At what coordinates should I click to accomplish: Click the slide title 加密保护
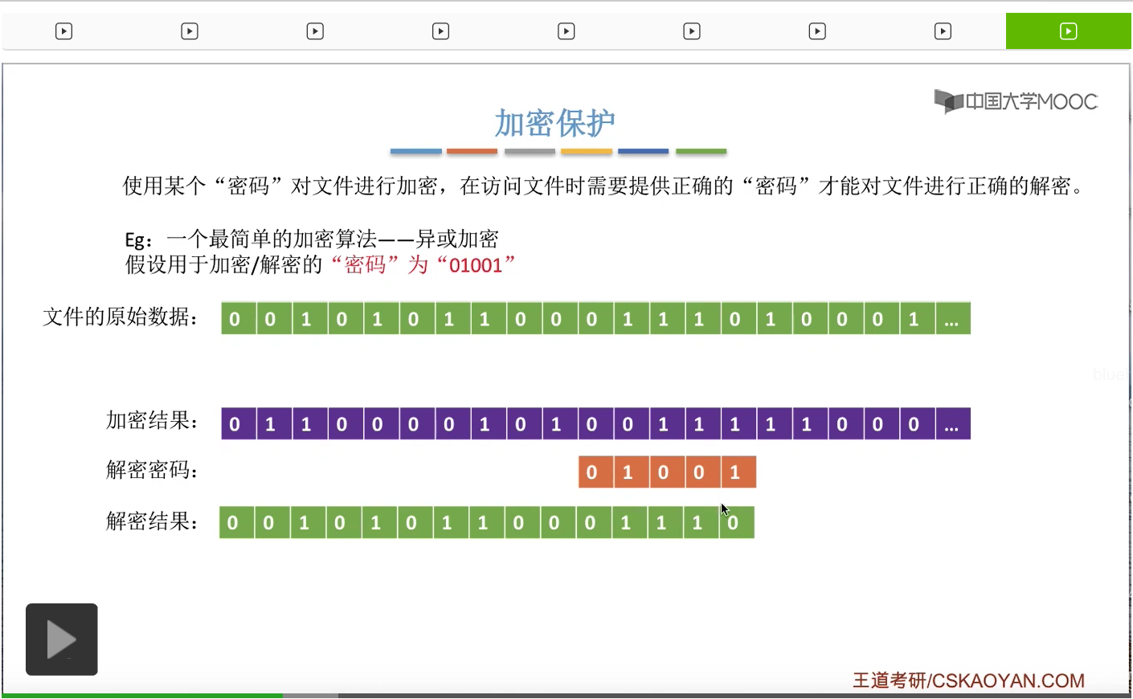click(x=554, y=123)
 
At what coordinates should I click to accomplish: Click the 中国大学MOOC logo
click(x=1016, y=101)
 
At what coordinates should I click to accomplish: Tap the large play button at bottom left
click(x=62, y=640)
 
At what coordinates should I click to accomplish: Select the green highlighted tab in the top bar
click(x=1068, y=31)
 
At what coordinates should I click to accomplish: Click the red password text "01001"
click(x=476, y=265)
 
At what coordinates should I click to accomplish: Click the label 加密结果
click(x=152, y=421)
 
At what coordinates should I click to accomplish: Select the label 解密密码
click(x=152, y=470)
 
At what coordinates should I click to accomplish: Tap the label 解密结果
click(x=152, y=521)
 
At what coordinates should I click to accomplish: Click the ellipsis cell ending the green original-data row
click(x=952, y=319)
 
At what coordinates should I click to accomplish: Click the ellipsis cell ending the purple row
click(x=952, y=424)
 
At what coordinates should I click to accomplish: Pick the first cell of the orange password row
click(x=592, y=472)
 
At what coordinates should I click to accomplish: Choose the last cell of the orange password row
click(x=735, y=472)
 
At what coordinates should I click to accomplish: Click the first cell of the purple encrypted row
click(x=235, y=424)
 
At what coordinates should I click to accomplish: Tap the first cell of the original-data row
click(x=235, y=319)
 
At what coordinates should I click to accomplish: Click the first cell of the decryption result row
click(x=233, y=523)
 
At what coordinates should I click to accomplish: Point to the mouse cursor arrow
click(x=724, y=509)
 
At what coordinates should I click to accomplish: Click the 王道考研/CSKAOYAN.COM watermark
click(x=968, y=681)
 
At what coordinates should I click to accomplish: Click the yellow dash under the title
click(x=587, y=151)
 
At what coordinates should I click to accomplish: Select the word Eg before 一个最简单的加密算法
click(x=135, y=240)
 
